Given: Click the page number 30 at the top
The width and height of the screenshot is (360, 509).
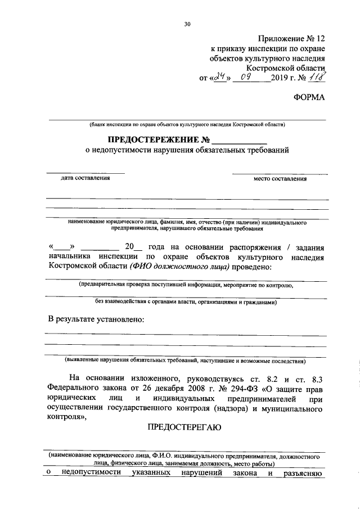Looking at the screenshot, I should coord(187,24).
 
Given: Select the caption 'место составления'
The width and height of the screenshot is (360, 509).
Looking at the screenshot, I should coord(280,179).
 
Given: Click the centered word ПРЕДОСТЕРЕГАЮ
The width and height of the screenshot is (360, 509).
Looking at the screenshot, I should coord(184,427).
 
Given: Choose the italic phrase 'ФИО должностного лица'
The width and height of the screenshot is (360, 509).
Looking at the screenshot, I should coord(178,266).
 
